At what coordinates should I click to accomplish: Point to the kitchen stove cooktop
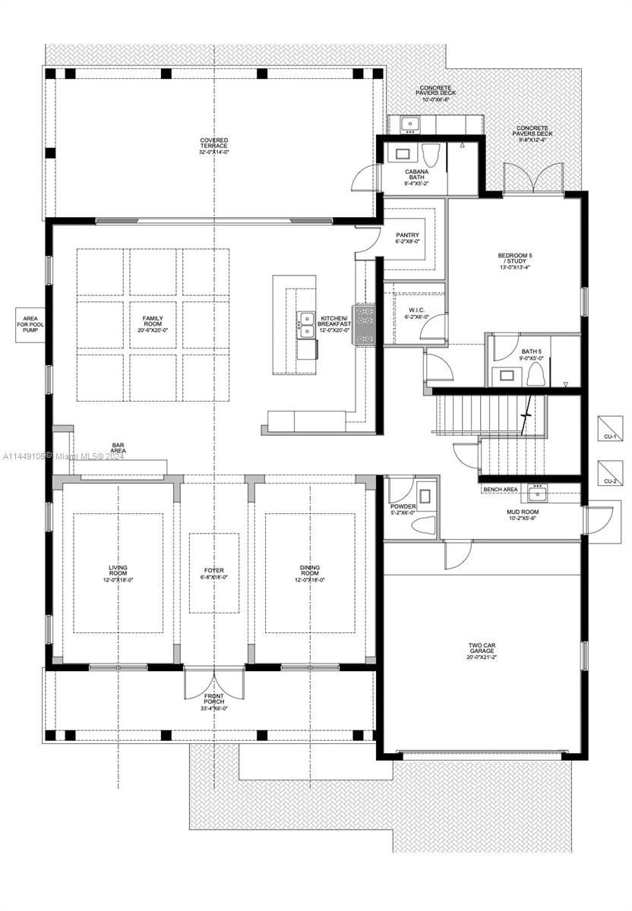(x=365, y=325)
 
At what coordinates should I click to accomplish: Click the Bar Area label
(x=118, y=449)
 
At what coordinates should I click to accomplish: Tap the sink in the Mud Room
(x=539, y=493)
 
